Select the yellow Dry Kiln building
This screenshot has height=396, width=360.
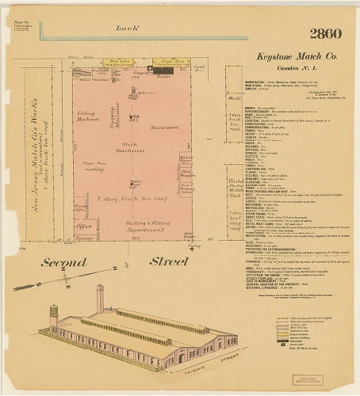119,61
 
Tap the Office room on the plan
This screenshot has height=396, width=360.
83,225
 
